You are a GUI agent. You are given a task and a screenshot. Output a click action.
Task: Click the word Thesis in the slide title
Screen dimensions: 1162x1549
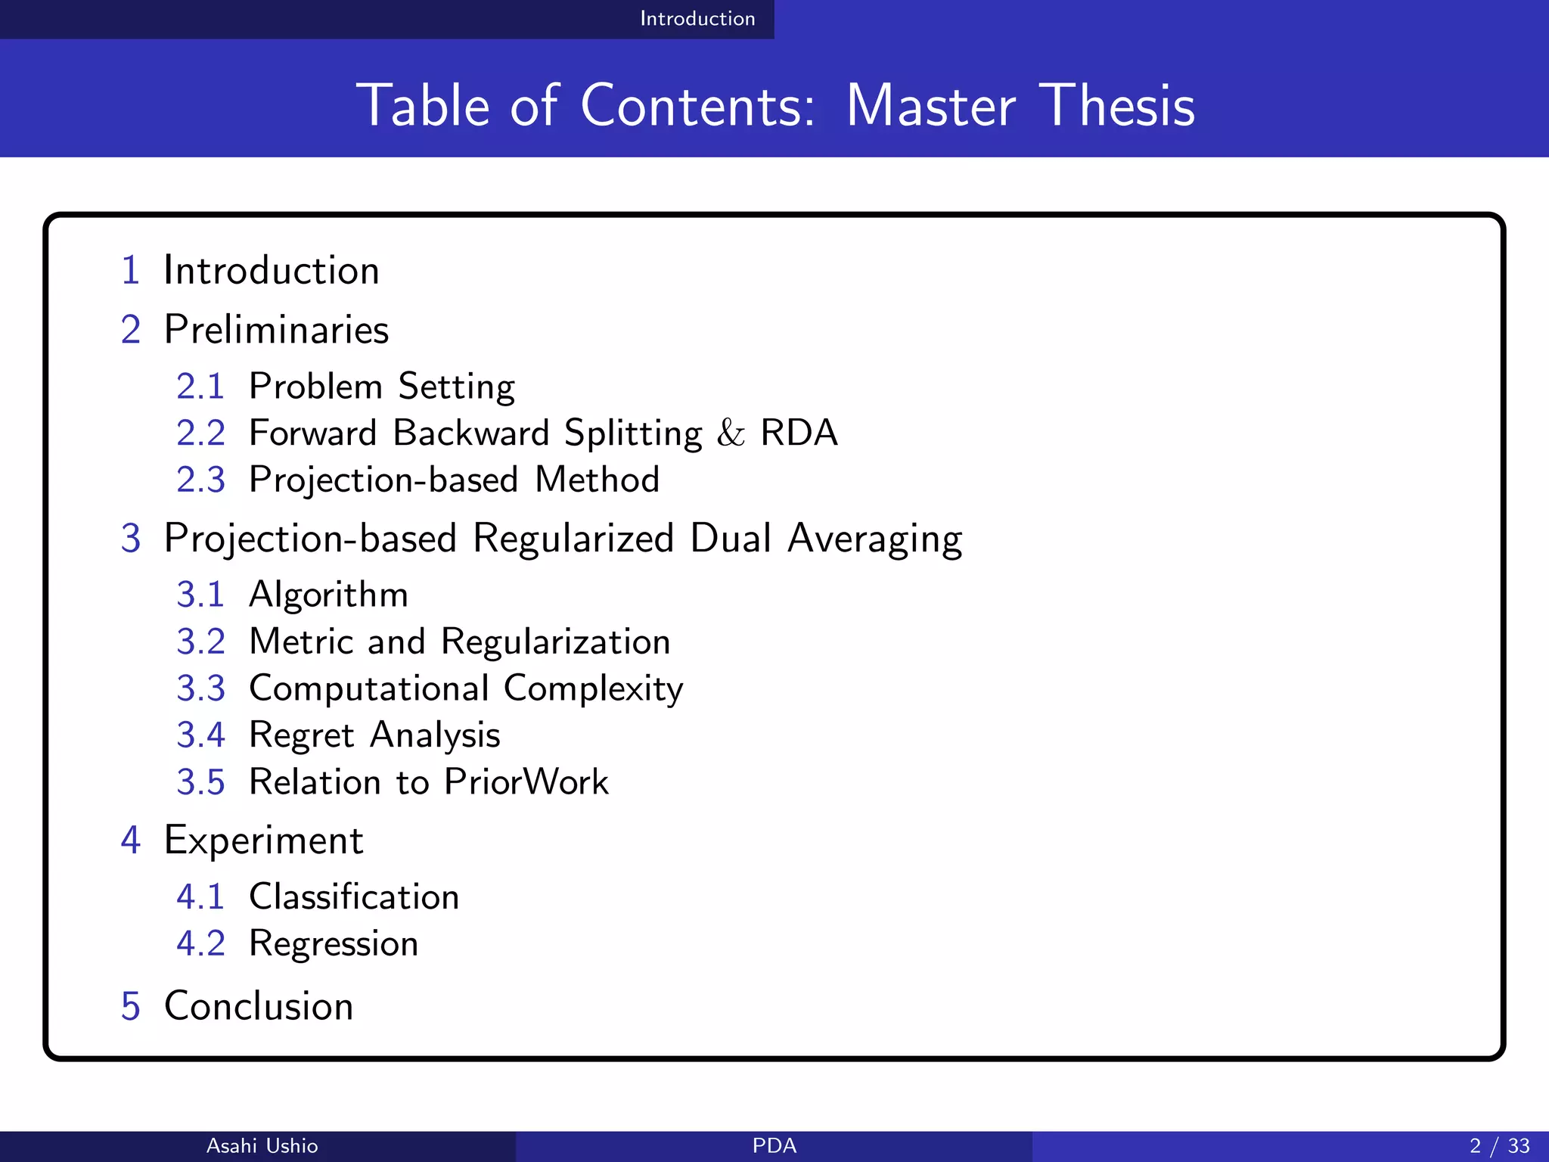coord(1116,106)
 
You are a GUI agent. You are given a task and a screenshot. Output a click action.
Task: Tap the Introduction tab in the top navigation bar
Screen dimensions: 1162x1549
coord(697,19)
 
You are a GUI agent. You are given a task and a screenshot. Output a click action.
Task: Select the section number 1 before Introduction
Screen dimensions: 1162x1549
coord(130,271)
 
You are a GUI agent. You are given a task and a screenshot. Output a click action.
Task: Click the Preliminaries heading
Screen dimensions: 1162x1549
coord(276,330)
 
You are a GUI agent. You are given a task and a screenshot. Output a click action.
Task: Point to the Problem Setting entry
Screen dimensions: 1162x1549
coord(382,387)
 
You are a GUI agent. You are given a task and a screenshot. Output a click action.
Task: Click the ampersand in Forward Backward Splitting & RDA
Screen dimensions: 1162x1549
coord(731,433)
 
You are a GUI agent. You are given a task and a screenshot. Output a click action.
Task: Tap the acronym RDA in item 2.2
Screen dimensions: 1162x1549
coord(799,433)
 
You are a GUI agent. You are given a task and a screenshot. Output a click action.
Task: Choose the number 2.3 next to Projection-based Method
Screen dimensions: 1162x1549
coord(200,480)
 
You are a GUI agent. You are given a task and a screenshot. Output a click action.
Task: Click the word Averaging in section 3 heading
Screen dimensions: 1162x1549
coord(874,539)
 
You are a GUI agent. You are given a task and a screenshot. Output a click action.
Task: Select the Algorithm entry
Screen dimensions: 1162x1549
coord(328,595)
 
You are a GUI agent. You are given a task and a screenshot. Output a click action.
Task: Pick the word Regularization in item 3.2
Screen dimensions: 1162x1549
coord(555,642)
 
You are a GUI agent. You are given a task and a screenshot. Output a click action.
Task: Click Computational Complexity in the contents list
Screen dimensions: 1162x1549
coord(466,689)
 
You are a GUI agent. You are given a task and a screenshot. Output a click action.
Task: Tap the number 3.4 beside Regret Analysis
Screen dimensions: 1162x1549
coord(200,735)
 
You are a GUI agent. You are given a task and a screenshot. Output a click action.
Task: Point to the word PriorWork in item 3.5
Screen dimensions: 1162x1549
coord(526,782)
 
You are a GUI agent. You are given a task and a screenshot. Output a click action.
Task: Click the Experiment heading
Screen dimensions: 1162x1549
coord(263,840)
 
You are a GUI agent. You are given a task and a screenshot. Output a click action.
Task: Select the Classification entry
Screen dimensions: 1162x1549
coord(354,897)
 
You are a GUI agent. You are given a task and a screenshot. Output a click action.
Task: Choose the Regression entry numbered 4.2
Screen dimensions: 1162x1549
coord(334,944)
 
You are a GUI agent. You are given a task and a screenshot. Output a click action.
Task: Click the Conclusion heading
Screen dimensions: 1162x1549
coord(259,1006)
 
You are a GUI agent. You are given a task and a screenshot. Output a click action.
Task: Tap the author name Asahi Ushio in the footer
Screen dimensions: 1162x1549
coord(262,1146)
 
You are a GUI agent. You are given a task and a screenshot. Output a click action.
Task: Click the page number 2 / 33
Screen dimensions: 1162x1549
coord(1499,1146)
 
